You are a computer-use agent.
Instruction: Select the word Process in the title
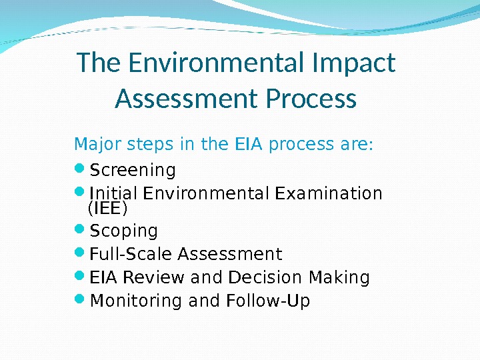click(x=311, y=99)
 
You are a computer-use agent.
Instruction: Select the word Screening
click(x=133, y=171)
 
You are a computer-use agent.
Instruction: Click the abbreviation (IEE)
click(x=107, y=209)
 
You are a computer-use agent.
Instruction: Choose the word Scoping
click(x=124, y=231)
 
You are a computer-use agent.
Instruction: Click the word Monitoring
click(x=137, y=302)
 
